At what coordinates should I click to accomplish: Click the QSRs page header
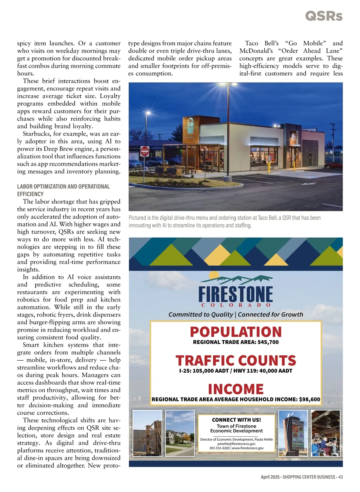tap(324, 16)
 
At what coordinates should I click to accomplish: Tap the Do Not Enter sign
tap(145, 151)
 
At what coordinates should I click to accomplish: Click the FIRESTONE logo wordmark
tap(235, 294)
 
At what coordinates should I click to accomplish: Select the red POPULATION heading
tap(236, 332)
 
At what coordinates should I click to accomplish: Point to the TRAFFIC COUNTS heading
tap(236, 360)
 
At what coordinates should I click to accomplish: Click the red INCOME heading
tap(236, 389)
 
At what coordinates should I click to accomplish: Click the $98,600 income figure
tap(310, 399)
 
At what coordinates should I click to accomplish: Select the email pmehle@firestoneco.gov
tap(236, 444)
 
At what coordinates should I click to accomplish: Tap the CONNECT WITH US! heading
tap(236, 420)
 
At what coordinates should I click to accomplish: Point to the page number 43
tap(340, 477)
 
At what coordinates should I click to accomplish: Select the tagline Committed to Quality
tap(200, 314)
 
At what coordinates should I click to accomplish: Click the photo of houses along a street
tap(180, 433)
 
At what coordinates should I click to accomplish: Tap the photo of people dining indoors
tap(325, 433)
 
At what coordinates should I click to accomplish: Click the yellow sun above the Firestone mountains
tap(214, 275)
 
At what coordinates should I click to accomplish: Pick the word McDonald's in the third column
tap(256, 51)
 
